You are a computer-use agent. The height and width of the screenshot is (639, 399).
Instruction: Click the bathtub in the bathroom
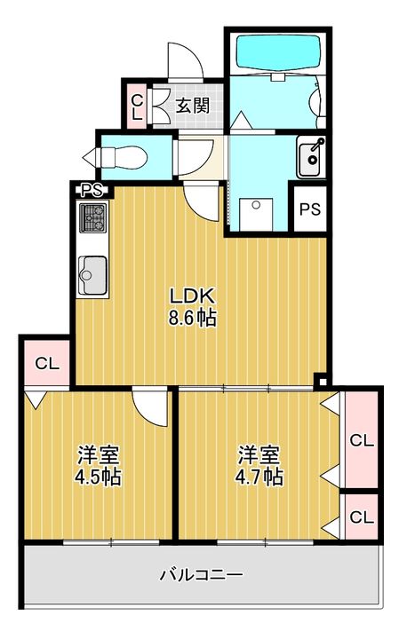[277, 53]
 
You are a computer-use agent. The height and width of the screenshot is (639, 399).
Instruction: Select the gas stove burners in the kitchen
[93, 218]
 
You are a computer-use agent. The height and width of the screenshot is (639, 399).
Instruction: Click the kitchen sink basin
[93, 274]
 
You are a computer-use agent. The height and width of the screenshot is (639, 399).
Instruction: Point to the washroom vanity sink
[311, 157]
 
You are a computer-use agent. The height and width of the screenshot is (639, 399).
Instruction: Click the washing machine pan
[256, 215]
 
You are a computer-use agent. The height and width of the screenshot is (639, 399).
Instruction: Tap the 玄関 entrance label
[193, 106]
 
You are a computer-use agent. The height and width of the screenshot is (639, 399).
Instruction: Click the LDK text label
[192, 296]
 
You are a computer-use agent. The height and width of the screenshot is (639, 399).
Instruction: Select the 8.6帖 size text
[192, 318]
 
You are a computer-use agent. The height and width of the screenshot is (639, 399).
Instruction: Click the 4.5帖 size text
[98, 477]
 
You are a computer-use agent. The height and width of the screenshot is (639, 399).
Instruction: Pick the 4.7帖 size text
[259, 476]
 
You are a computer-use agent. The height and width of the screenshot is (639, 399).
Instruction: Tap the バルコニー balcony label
[201, 575]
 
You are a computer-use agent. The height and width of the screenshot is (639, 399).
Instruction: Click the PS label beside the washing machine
[310, 209]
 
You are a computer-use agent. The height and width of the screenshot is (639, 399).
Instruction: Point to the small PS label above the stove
[92, 190]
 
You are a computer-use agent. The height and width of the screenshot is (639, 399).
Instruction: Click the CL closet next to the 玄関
[138, 106]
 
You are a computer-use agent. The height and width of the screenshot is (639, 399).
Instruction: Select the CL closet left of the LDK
[47, 363]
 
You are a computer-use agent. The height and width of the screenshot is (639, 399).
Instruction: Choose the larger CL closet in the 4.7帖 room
[362, 439]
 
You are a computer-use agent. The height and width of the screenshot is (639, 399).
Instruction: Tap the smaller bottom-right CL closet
[362, 517]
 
